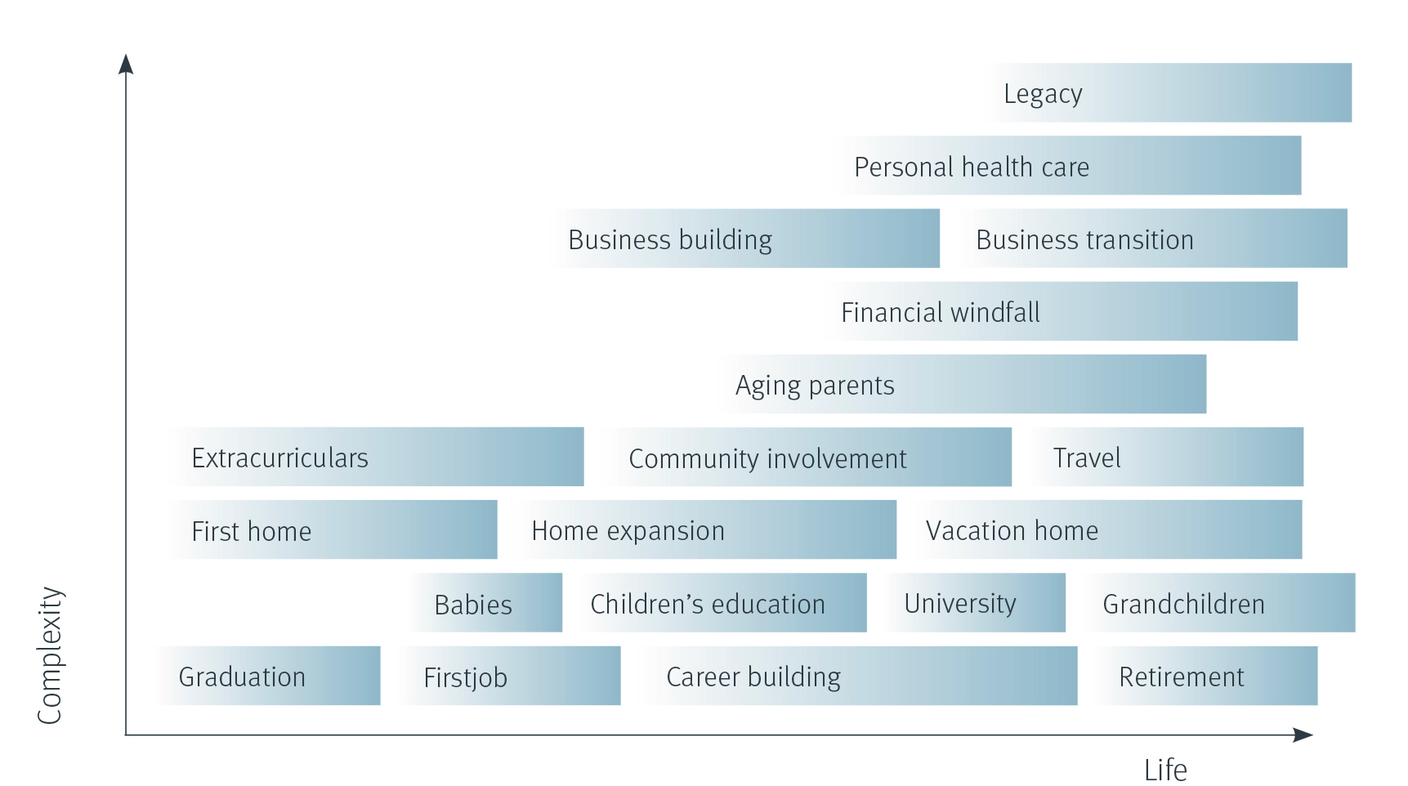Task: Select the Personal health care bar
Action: click(1066, 165)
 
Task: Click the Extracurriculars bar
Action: click(376, 457)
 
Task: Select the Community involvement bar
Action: click(805, 457)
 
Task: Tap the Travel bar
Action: click(1164, 457)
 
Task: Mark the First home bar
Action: click(331, 529)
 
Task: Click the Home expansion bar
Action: click(704, 529)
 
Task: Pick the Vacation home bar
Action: click(1106, 529)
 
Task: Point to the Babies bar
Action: click(485, 602)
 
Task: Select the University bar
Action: click(973, 602)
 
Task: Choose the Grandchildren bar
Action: click(1218, 602)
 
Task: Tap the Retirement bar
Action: click(1205, 676)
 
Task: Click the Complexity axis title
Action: click(50, 655)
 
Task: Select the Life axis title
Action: click(1165, 770)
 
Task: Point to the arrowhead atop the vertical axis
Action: click(126, 64)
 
